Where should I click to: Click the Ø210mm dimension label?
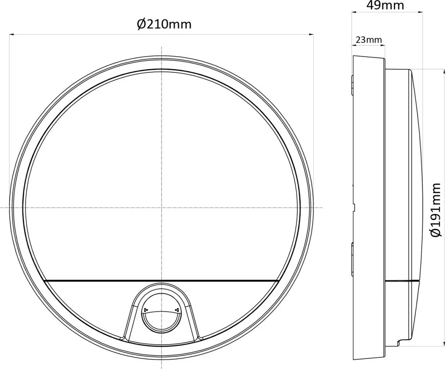[164, 24]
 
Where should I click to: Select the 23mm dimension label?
[368, 40]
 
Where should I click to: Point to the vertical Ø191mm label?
[436, 210]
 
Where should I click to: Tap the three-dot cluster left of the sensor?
[145, 309]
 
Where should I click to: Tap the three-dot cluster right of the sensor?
[177, 309]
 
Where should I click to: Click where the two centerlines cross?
[161, 208]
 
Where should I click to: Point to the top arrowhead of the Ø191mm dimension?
[444, 71]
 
